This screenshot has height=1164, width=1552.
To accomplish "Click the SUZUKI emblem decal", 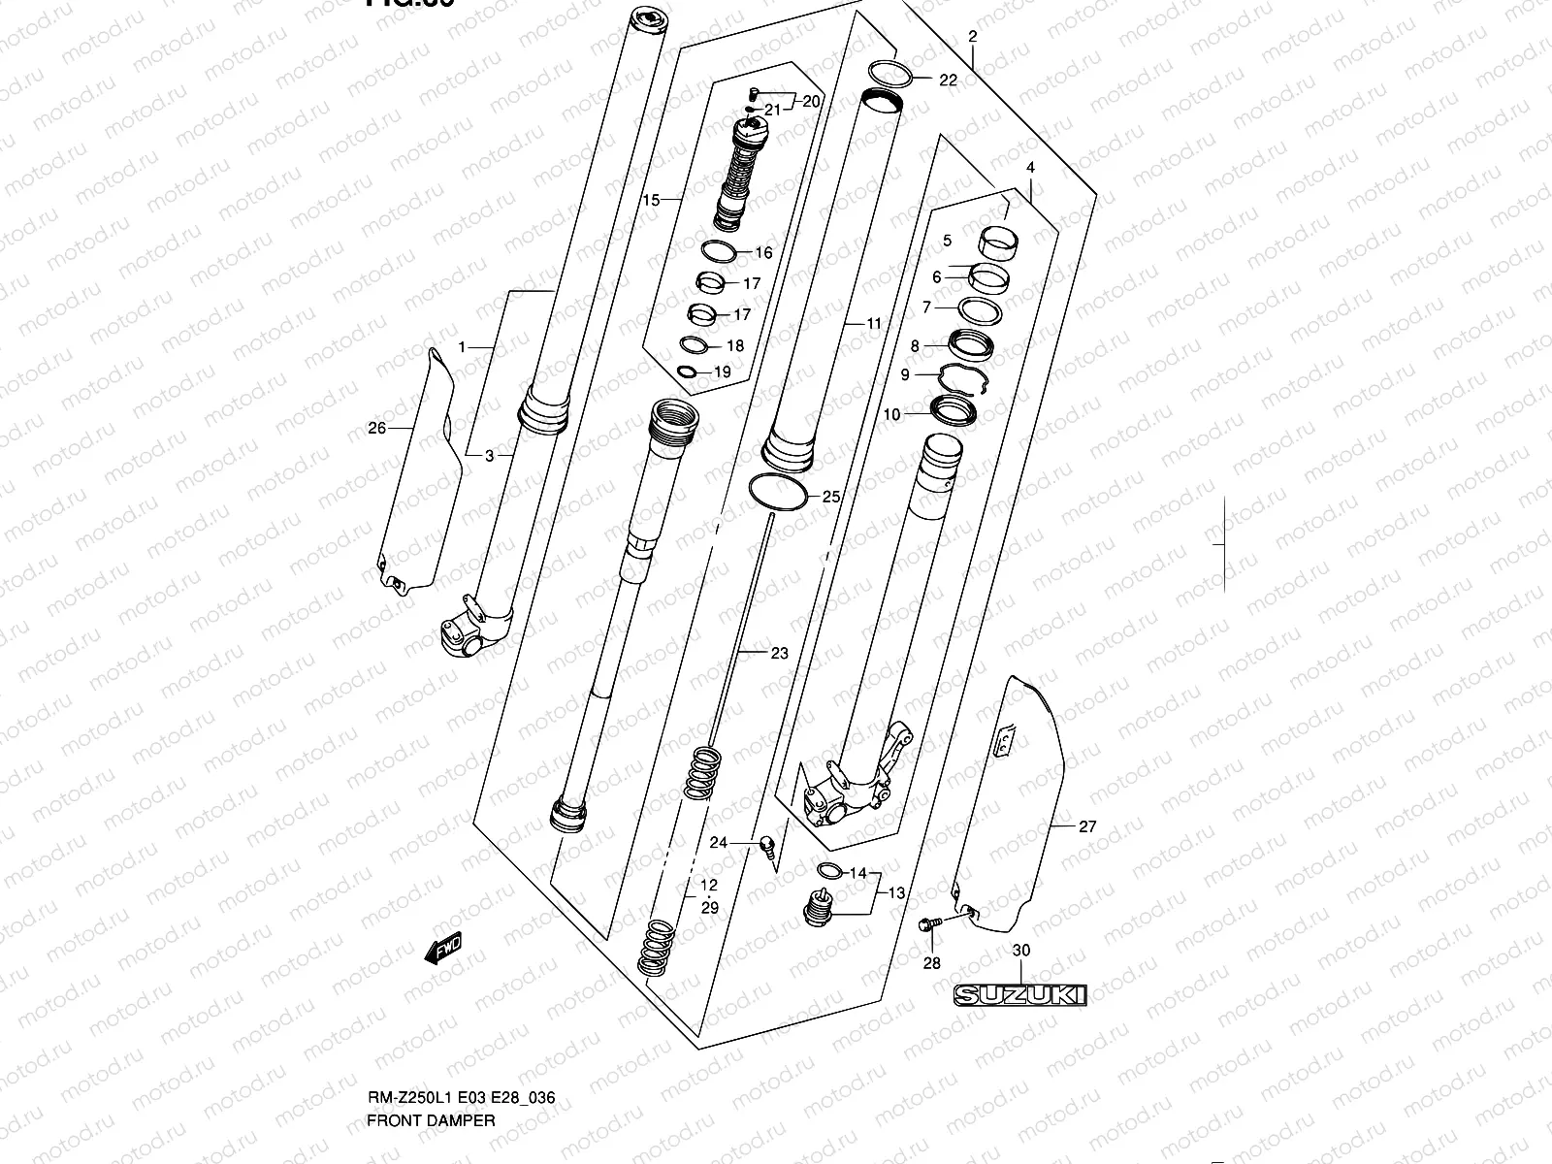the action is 1018,994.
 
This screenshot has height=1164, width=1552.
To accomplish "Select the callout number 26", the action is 377,428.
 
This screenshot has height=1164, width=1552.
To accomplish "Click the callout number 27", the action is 1086,826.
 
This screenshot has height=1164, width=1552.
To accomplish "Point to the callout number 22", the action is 948,80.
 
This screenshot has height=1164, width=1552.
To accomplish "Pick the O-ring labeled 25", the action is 779,493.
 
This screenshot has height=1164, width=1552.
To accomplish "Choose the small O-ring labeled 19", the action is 687,372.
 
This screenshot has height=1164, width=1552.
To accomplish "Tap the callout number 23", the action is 780,654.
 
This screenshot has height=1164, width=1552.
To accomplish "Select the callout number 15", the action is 650,200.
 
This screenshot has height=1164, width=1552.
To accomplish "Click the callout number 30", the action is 1020,951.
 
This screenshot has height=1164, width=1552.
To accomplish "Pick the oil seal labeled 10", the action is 953,410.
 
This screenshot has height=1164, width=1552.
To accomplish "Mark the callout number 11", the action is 874,323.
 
